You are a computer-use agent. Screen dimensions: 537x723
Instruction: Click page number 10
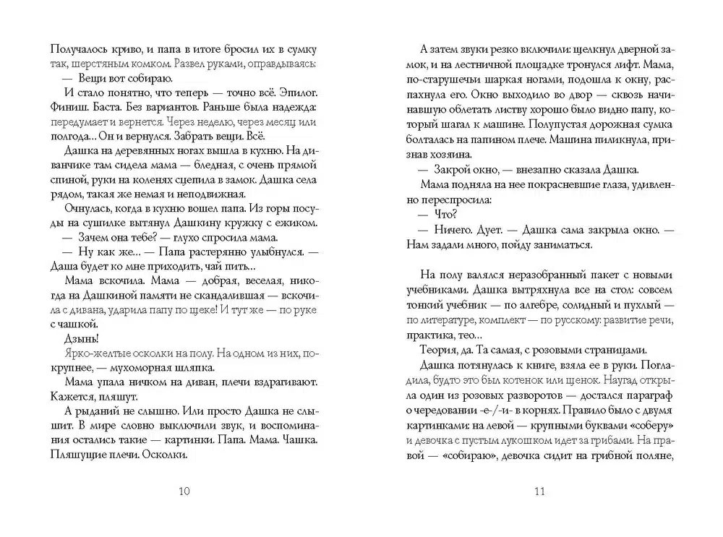click(184, 493)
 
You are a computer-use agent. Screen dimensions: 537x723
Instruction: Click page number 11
click(539, 493)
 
